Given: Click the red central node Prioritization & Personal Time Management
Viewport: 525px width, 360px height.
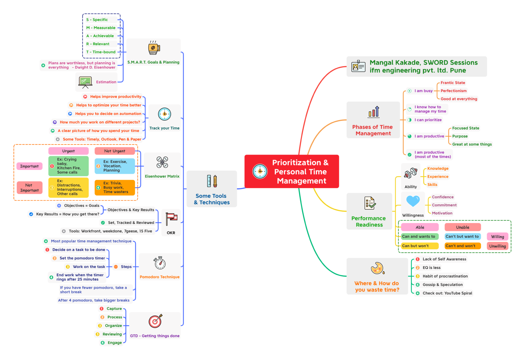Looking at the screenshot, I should (x=292, y=171).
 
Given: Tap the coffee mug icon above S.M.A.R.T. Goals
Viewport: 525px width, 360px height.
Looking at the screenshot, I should (x=154, y=48).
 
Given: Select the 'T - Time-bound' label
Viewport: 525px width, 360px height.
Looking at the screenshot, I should (x=101, y=52).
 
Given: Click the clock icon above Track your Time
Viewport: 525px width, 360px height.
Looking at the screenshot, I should (x=164, y=114).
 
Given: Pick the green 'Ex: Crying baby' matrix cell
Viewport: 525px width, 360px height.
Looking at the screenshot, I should (x=68, y=166).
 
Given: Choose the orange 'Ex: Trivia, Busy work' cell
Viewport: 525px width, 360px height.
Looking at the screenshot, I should (x=115, y=188).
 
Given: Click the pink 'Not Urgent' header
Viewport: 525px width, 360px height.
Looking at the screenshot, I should (x=115, y=151).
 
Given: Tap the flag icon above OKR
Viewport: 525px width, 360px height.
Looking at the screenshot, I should (x=171, y=219).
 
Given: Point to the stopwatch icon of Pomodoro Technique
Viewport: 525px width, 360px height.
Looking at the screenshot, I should (x=160, y=263).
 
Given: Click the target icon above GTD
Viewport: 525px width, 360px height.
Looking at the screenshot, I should (x=156, y=321).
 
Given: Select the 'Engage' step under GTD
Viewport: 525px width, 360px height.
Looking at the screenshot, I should (x=115, y=343).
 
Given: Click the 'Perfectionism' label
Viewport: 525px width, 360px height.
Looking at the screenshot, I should (x=454, y=91).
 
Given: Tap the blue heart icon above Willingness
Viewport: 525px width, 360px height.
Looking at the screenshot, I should (x=413, y=201).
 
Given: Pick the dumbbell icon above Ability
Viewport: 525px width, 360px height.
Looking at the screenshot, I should (x=410, y=173).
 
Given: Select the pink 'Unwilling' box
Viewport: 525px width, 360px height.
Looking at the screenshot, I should (x=497, y=246).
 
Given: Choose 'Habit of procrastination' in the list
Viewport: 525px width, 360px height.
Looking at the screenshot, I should (x=445, y=276).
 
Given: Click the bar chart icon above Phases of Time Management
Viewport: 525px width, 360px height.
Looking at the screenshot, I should (x=374, y=112).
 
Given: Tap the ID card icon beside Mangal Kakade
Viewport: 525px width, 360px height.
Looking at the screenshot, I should (x=358, y=66).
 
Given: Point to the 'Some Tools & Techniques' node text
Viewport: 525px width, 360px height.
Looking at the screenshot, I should (x=212, y=199).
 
